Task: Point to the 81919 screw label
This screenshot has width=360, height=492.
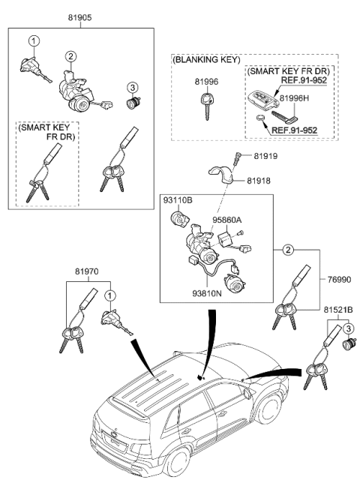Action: (x=266, y=156)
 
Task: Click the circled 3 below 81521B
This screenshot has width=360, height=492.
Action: (x=347, y=328)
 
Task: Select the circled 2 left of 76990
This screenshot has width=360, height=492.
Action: (x=287, y=250)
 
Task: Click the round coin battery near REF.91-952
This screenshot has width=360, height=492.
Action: (x=259, y=120)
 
